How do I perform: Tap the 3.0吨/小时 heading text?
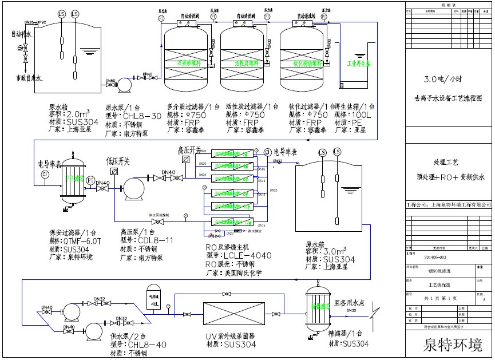click(x=447, y=79)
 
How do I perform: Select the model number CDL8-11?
click(x=146, y=240)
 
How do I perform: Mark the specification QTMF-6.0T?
click(x=80, y=241)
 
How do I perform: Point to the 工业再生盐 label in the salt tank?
click(x=359, y=65)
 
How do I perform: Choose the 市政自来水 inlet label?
click(x=27, y=77)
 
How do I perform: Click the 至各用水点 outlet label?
click(x=350, y=303)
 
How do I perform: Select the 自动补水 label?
click(x=22, y=34)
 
